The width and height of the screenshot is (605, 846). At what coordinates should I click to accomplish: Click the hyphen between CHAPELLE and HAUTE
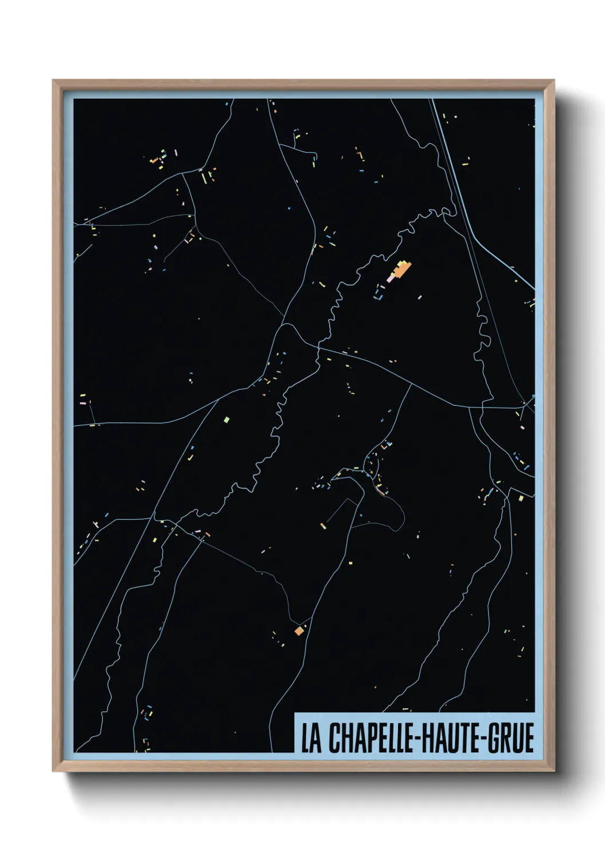pos(420,739)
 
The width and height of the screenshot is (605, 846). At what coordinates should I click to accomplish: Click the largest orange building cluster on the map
pos(403,268)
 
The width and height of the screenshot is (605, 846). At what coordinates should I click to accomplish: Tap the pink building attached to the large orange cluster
pos(392,278)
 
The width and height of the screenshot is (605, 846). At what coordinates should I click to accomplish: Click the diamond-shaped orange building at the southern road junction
pos(298,630)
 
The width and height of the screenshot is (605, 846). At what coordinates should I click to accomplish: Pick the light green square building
pos(226,420)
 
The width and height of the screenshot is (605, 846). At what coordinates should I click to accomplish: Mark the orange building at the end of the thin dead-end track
pos(323,526)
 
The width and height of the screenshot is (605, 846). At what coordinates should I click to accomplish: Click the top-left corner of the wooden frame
pos(54,81)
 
